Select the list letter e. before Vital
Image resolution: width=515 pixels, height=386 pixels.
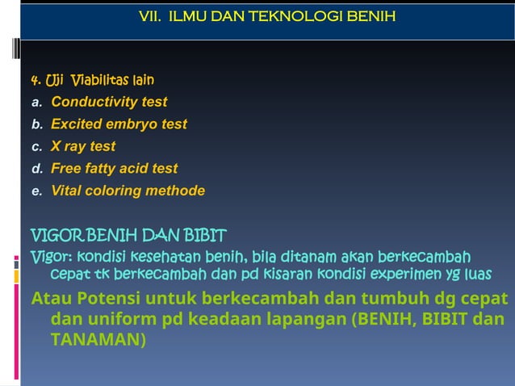pos(36,191)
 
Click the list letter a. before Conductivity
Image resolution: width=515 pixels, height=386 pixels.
pos(36,103)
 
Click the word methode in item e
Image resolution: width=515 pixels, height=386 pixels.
pos(178,191)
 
